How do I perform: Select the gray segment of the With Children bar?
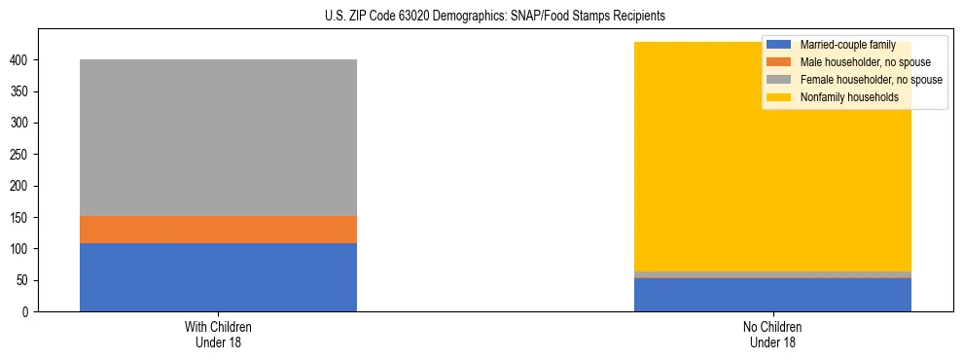pos(218,137)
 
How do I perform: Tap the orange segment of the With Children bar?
pos(218,230)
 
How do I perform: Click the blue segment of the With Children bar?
pos(218,277)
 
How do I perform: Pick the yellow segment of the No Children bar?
pos(772,165)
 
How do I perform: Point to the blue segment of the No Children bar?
pos(772,295)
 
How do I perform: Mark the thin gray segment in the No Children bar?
pos(772,274)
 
